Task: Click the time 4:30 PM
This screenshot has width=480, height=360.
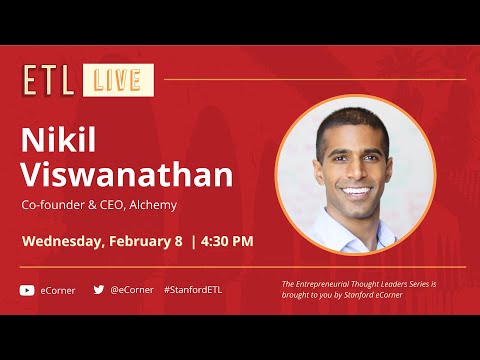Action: (x=227, y=241)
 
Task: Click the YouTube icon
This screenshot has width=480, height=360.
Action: (x=27, y=290)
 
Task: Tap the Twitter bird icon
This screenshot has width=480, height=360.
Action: (x=99, y=290)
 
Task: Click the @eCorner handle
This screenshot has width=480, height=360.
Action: (x=132, y=290)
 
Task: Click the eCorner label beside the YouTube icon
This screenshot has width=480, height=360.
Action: (x=57, y=290)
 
